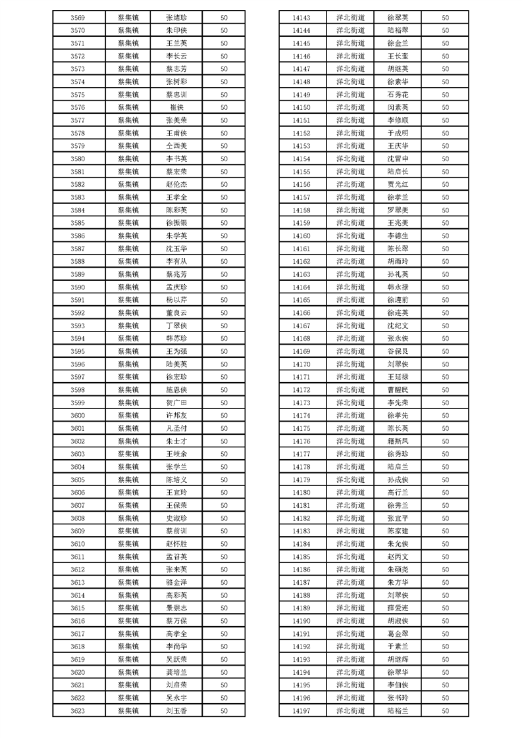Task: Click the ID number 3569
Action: pyautogui.click(x=77, y=18)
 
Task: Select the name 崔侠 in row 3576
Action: pyautogui.click(x=177, y=107)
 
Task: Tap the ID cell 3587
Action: pyautogui.click(x=77, y=249)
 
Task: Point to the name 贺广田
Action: pyautogui.click(x=177, y=403)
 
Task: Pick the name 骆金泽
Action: pyautogui.click(x=177, y=582)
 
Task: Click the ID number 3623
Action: pyautogui.click(x=77, y=710)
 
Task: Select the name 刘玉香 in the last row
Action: pyautogui.click(x=177, y=710)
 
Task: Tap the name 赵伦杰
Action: pyautogui.click(x=177, y=184)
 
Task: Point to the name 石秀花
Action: pyautogui.click(x=398, y=95)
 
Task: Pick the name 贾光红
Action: pyautogui.click(x=398, y=184)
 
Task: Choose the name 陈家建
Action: pyautogui.click(x=398, y=531)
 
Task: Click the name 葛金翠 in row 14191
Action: pyautogui.click(x=398, y=633)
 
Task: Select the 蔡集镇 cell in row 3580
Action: pyautogui.click(x=128, y=159)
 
